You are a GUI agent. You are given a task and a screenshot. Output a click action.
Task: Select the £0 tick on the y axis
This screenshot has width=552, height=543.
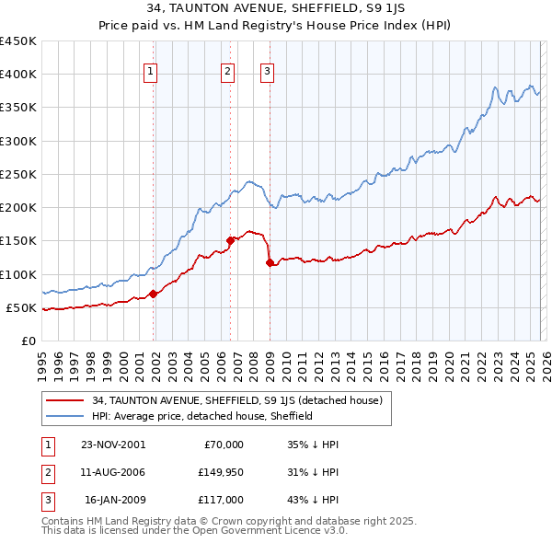(28, 341)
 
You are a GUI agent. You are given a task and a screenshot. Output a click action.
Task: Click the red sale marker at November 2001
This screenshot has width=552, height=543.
(154, 294)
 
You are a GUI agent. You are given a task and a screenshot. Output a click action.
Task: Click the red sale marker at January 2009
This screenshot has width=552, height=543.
(270, 262)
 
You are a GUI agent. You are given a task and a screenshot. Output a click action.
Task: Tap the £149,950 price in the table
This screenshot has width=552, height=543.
(218, 472)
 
